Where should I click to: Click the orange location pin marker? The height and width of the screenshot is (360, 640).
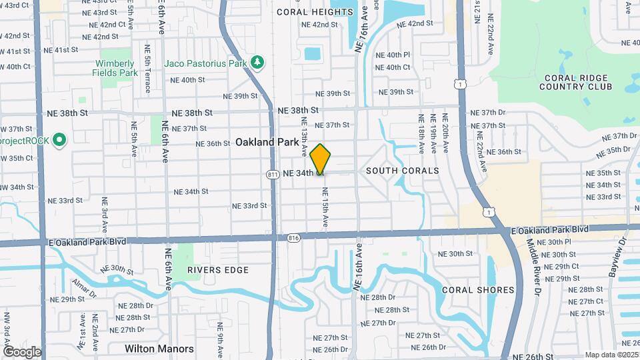point(321,159)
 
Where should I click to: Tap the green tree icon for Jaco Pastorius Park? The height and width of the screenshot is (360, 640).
point(258,63)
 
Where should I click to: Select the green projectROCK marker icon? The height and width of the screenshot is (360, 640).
point(59,141)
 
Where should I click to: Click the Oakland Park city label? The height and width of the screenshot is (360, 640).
point(267,142)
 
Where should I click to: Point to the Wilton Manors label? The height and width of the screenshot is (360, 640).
point(159,349)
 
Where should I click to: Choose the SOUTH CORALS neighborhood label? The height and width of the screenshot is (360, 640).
point(402,171)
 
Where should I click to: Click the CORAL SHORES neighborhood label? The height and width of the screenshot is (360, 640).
point(478,290)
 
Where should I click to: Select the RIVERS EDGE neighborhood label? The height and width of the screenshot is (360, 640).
point(217,270)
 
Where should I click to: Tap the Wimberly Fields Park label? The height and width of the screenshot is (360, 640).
point(115,68)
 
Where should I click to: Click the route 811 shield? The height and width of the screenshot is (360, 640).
point(272,174)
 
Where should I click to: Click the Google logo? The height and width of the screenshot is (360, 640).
point(22,351)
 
